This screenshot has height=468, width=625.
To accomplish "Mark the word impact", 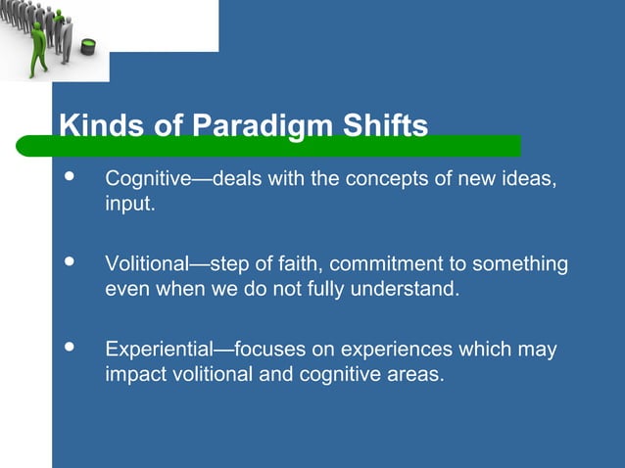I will click(x=131, y=374).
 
